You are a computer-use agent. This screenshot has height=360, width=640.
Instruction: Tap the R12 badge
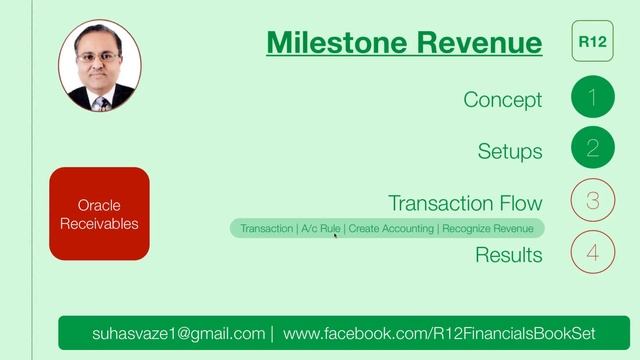pyautogui.click(x=593, y=42)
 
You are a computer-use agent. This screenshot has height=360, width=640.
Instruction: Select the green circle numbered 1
pyautogui.click(x=593, y=98)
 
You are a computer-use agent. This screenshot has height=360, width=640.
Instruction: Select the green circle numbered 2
pyautogui.click(x=593, y=150)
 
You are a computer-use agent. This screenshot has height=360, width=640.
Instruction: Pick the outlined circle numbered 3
pyautogui.click(x=593, y=201)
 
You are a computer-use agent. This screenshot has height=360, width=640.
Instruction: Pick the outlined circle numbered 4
pyautogui.click(x=593, y=252)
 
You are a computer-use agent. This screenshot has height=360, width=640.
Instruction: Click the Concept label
pyautogui.click(x=502, y=100)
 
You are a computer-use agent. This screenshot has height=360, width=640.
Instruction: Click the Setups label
pyautogui.click(x=509, y=151)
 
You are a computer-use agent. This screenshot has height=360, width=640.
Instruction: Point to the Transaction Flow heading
pyautogui.click(x=465, y=203)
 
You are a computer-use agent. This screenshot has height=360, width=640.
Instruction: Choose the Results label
pyautogui.click(x=508, y=255)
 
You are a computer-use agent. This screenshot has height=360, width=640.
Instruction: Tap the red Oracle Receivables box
pyautogui.click(x=99, y=214)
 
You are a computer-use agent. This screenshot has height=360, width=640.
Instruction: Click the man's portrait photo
pyautogui.click(x=99, y=68)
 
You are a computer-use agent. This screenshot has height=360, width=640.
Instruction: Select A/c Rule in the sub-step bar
pyautogui.click(x=320, y=229)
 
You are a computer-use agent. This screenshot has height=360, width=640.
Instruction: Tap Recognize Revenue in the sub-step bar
pyautogui.click(x=489, y=229)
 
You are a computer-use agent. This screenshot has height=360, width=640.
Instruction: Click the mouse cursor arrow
pyautogui.click(x=335, y=236)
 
